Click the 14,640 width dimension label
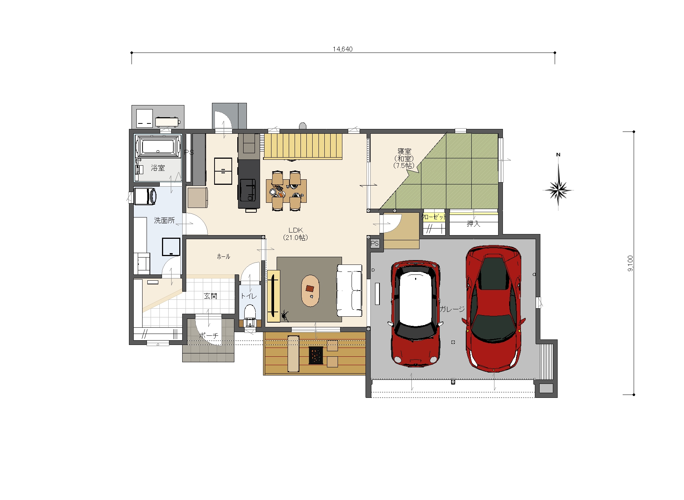point(342,49)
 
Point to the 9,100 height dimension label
point(630,263)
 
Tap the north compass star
point(558,190)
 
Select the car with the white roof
point(415,314)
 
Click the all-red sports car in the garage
point(493,309)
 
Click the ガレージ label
point(452,309)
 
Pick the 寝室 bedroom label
point(404,151)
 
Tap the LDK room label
point(296,230)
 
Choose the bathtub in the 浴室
point(158,146)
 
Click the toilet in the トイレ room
point(250,315)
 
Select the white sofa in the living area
point(349,290)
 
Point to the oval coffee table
point(310,291)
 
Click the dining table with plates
point(287,191)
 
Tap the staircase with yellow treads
point(303,146)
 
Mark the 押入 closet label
point(474,223)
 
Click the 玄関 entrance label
point(210,296)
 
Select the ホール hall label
point(223,256)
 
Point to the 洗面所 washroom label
point(164,220)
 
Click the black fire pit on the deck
point(316,355)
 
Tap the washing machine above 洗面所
point(145,196)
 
